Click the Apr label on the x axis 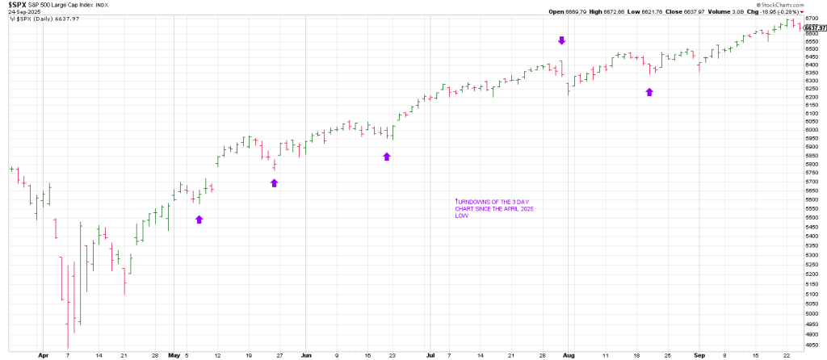tap(43, 354)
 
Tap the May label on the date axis tap(174, 354)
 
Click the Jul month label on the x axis tap(430, 354)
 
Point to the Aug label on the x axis tap(569, 354)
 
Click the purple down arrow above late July tap(562, 40)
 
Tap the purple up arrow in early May tap(199, 219)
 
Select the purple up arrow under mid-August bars tap(649, 92)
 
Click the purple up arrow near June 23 tap(387, 156)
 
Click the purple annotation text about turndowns tap(492, 207)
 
